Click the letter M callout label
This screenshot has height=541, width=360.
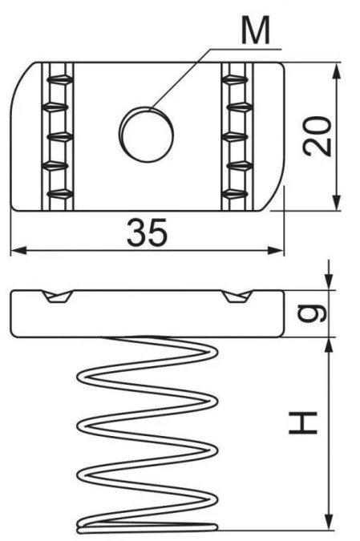point(256,31)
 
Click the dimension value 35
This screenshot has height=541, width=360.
point(147,232)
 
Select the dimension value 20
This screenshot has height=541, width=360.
point(317,136)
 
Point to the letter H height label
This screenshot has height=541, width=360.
point(303,422)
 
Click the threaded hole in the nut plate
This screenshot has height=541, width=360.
point(147,134)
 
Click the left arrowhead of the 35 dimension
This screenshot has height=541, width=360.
point(18,251)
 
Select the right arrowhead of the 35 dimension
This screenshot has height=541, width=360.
point(276,251)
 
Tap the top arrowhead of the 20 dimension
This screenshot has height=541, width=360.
point(337,71)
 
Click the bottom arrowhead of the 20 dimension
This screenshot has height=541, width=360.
point(337,203)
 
